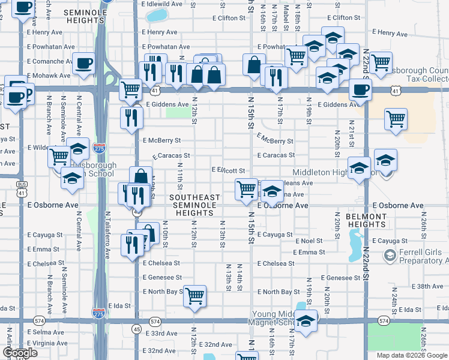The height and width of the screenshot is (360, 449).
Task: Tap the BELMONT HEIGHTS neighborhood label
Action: coord(366,220)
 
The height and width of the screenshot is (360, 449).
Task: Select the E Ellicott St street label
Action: coord(228,170)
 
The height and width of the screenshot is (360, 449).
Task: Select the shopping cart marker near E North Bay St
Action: coord(194,296)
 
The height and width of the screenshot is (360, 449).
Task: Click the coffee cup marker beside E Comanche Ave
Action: coord(83,62)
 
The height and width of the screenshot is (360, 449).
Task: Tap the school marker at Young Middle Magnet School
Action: coord(306,320)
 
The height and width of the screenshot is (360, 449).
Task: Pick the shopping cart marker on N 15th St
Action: coord(246,189)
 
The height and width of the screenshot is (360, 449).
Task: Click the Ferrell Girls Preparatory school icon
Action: coord(390,257)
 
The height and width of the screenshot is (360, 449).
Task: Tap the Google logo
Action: coord(20,353)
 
